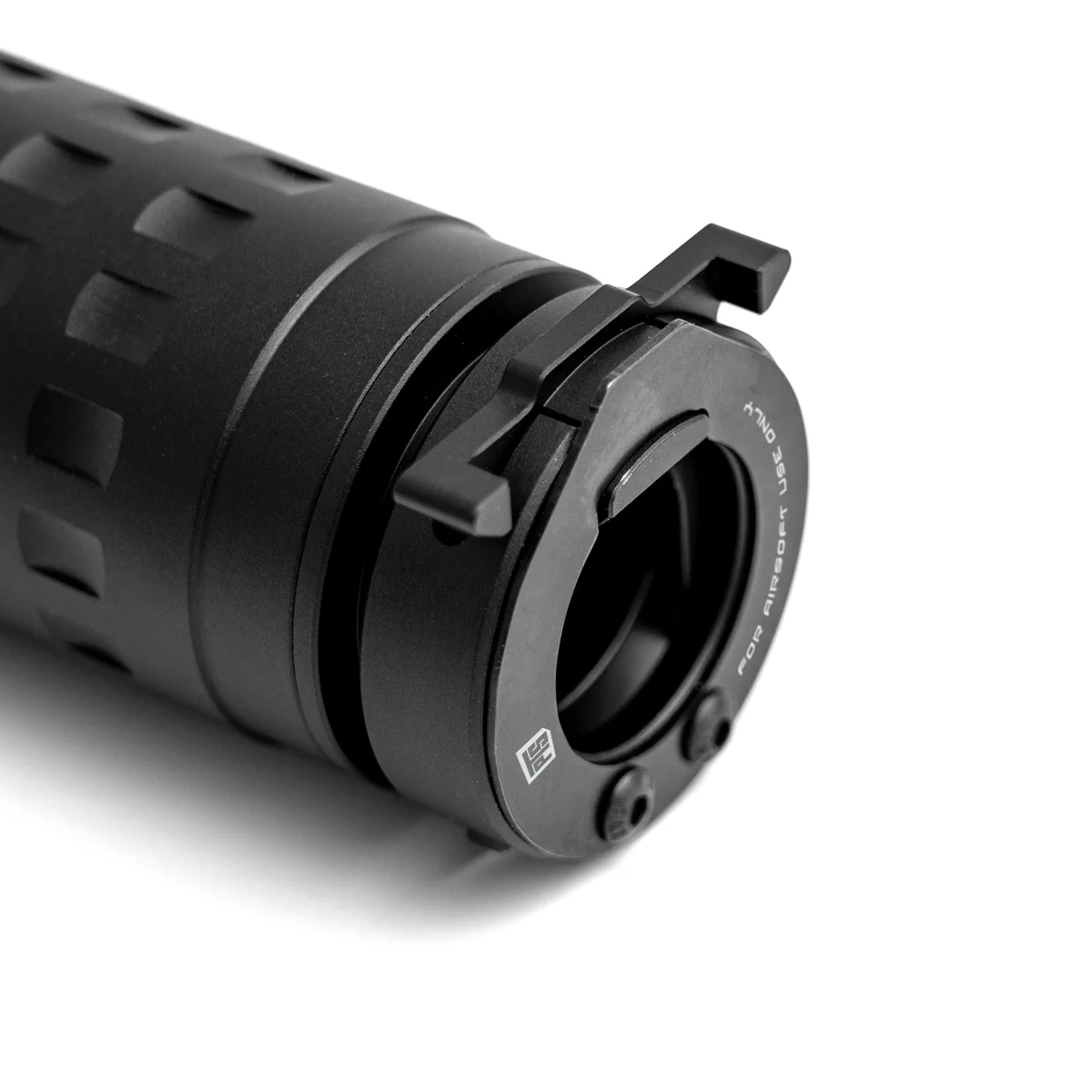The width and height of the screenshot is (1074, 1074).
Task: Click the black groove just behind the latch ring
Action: tap(339, 556)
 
